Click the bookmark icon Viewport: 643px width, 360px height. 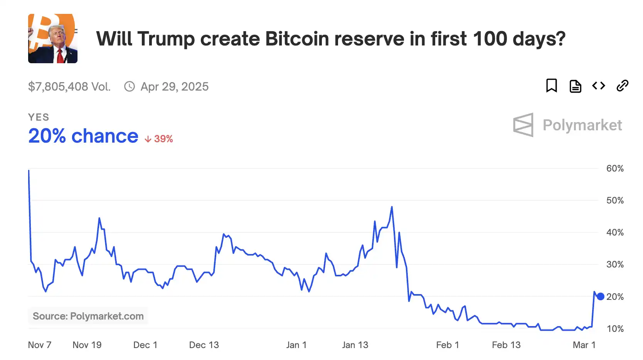click(x=551, y=86)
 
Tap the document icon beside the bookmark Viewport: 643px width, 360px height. click(x=575, y=86)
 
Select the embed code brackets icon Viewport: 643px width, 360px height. click(x=599, y=86)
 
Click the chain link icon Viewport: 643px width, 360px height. click(x=622, y=86)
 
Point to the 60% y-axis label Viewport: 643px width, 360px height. click(x=614, y=168)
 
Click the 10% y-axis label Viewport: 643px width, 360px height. click(x=614, y=329)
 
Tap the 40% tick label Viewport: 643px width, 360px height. click(x=614, y=232)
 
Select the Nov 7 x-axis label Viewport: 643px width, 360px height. click(x=39, y=345)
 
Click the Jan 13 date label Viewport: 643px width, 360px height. click(x=355, y=345)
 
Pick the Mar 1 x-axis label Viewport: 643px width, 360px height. click(x=584, y=345)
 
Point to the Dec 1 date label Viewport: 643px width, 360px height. click(x=145, y=345)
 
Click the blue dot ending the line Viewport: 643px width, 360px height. click(x=601, y=296)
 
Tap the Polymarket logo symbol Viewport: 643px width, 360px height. click(x=523, y=125)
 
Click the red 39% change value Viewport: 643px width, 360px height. click(x=163, y=139)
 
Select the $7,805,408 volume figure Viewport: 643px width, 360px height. click(x=69, y=86)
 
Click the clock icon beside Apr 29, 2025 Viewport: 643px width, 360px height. click(x=130, y=86)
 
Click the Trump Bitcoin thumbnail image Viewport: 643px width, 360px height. click(x=53, y=39)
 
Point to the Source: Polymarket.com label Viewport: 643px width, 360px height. click(x=88, y=316)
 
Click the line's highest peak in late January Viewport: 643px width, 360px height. click(x=392, y=207)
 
